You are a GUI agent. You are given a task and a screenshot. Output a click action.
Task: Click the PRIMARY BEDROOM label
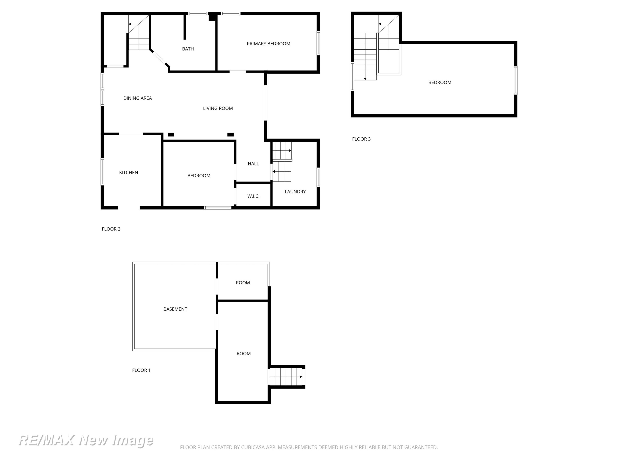[x=268, y=44]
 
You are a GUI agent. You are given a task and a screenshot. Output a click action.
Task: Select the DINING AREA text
[x=137, y=98]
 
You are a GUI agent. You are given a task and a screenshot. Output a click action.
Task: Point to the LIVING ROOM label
[x=218, y=108]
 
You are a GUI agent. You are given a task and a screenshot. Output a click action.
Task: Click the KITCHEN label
[x=129, y=172]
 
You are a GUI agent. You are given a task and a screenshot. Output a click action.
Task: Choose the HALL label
[x=253, y=164]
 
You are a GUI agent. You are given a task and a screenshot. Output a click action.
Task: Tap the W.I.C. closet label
[x=253, y=196]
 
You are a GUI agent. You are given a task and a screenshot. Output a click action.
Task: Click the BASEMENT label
[x=175, y=309]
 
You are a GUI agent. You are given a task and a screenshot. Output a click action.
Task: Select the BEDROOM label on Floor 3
[x=440, y=82]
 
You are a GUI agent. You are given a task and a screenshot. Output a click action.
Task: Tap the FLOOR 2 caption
[x=111, y=229]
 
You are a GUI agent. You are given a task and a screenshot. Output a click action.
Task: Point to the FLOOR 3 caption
[x=361, y=139]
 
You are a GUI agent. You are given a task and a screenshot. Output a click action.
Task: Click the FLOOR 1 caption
[x=141, y=370]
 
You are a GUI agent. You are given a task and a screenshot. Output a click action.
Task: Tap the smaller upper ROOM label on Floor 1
[x=243, y=283]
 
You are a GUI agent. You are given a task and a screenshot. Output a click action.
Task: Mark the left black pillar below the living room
[x=171, y=135]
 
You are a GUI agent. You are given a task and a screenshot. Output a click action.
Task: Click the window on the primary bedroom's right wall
[x=318, y=43]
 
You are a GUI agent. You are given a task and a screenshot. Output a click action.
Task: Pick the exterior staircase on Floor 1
[x=286, y=377]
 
